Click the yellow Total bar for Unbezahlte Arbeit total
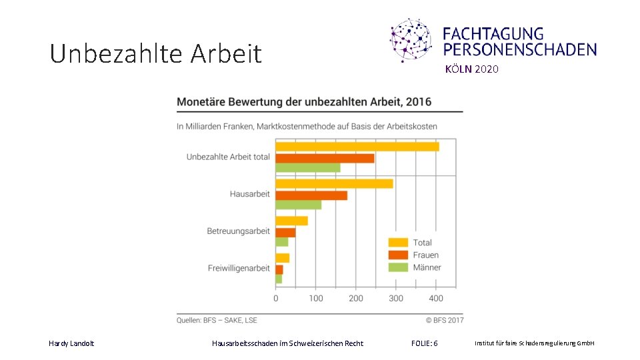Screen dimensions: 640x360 pyautogui.click(x=357, y=147)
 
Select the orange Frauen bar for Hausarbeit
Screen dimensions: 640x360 pyautogui.click(x=311, y=195)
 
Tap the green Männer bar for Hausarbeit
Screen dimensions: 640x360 pyautogui.click(x=299, y=205)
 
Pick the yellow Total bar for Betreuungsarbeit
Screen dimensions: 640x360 pyautogui.click(x=291, y=221)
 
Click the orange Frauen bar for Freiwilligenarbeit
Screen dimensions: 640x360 pyautogui.click(x=279, y=269)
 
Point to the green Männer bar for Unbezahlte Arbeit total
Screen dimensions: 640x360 pyautogui.click(x=308, y=168)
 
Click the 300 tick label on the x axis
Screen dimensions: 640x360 pyautogui.click(x=396, y=299)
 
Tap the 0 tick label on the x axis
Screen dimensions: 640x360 pyautogui.click(x=276, y=299)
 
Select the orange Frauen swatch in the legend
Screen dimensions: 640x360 pyautogui.click(x=398, y=255)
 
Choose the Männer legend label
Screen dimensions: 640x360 pyautogui.click(x=427, y=268)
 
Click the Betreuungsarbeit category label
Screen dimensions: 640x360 pyautogui.click(x=239, y=231)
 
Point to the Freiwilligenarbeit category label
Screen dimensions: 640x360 pyautogui.click(x=239, y=268)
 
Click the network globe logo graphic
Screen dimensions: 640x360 pyautogui.click(x=411, y=40)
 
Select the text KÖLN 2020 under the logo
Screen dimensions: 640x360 pyautogui.click(x=472, y=69)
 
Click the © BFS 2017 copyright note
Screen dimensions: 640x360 pyautogui.click(x=445, y=321)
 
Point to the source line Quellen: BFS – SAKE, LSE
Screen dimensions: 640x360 pyautogui.click(x=217, y=321)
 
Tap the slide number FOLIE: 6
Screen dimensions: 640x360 pyautogui.click(x=425, y=343)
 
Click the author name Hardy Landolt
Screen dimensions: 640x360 pyautogui.click(x=71, y=344)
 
